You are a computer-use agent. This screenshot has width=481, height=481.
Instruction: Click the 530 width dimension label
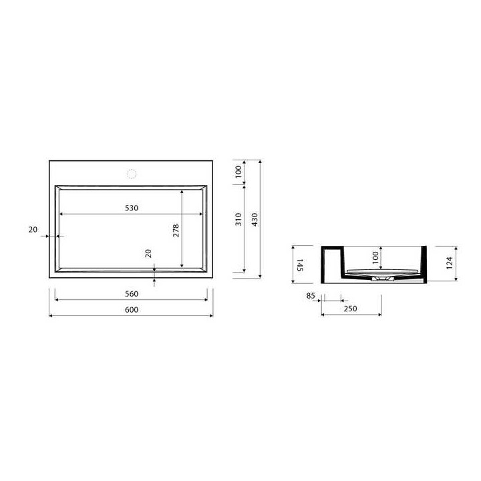(132, 208)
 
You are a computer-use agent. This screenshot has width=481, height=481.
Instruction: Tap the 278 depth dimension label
(176, 230)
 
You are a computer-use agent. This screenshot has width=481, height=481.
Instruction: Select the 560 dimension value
(132, 294)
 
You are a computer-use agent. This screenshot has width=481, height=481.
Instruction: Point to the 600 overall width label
(132, 310)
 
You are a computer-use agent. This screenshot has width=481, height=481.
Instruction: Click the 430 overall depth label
(255, 220)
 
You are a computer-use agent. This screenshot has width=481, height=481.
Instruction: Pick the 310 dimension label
(238, 220)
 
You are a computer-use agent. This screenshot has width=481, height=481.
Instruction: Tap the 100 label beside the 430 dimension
(238, 172)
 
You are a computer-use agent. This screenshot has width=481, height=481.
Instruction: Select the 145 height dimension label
(300, 265)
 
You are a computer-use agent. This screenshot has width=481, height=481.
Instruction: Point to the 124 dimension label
(449, 263)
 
